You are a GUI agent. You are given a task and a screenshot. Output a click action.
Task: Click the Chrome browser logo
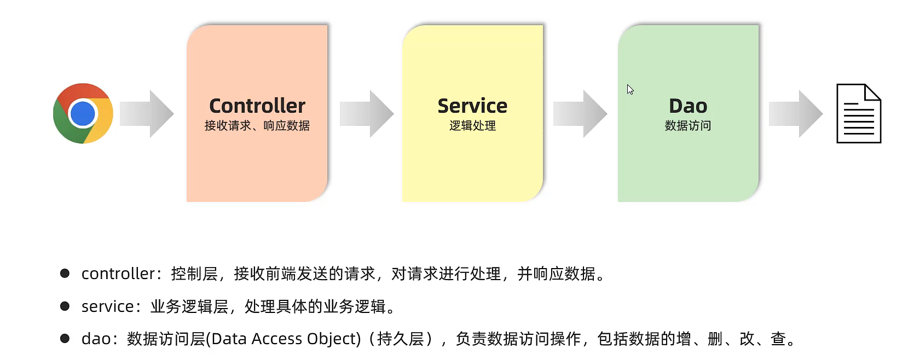click(x=83, y=113)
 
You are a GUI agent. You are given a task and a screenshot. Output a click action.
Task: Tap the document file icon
click(x=858, y=114)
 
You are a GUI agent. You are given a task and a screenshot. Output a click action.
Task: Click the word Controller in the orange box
click(x=257, y=106)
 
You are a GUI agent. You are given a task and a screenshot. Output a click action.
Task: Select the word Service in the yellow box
click(x=472, y=106)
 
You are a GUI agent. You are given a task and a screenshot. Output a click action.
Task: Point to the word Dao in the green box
click(x=688, y=106)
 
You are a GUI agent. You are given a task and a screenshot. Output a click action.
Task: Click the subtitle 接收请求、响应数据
click(x=257, y=126)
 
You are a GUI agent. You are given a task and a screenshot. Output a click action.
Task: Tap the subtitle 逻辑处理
click(x=472, y=126)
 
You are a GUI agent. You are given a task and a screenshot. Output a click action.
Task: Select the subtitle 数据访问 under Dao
click(x=688, y=126)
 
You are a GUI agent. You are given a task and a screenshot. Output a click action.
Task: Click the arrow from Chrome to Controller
click(x=147, y=114)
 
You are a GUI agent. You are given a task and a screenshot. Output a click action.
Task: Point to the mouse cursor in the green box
click(x=630, y=90)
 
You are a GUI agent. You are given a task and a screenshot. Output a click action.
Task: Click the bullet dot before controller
click(x=65, y=273)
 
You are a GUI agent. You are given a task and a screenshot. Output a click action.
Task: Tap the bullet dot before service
click(x=65, y=306)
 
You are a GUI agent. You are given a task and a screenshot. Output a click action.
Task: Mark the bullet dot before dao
click(x=65, y=339)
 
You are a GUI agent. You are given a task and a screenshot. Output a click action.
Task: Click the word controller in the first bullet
click(x=118, y=274)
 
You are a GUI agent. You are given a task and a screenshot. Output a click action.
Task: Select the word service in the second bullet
click(x=107, y=306)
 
